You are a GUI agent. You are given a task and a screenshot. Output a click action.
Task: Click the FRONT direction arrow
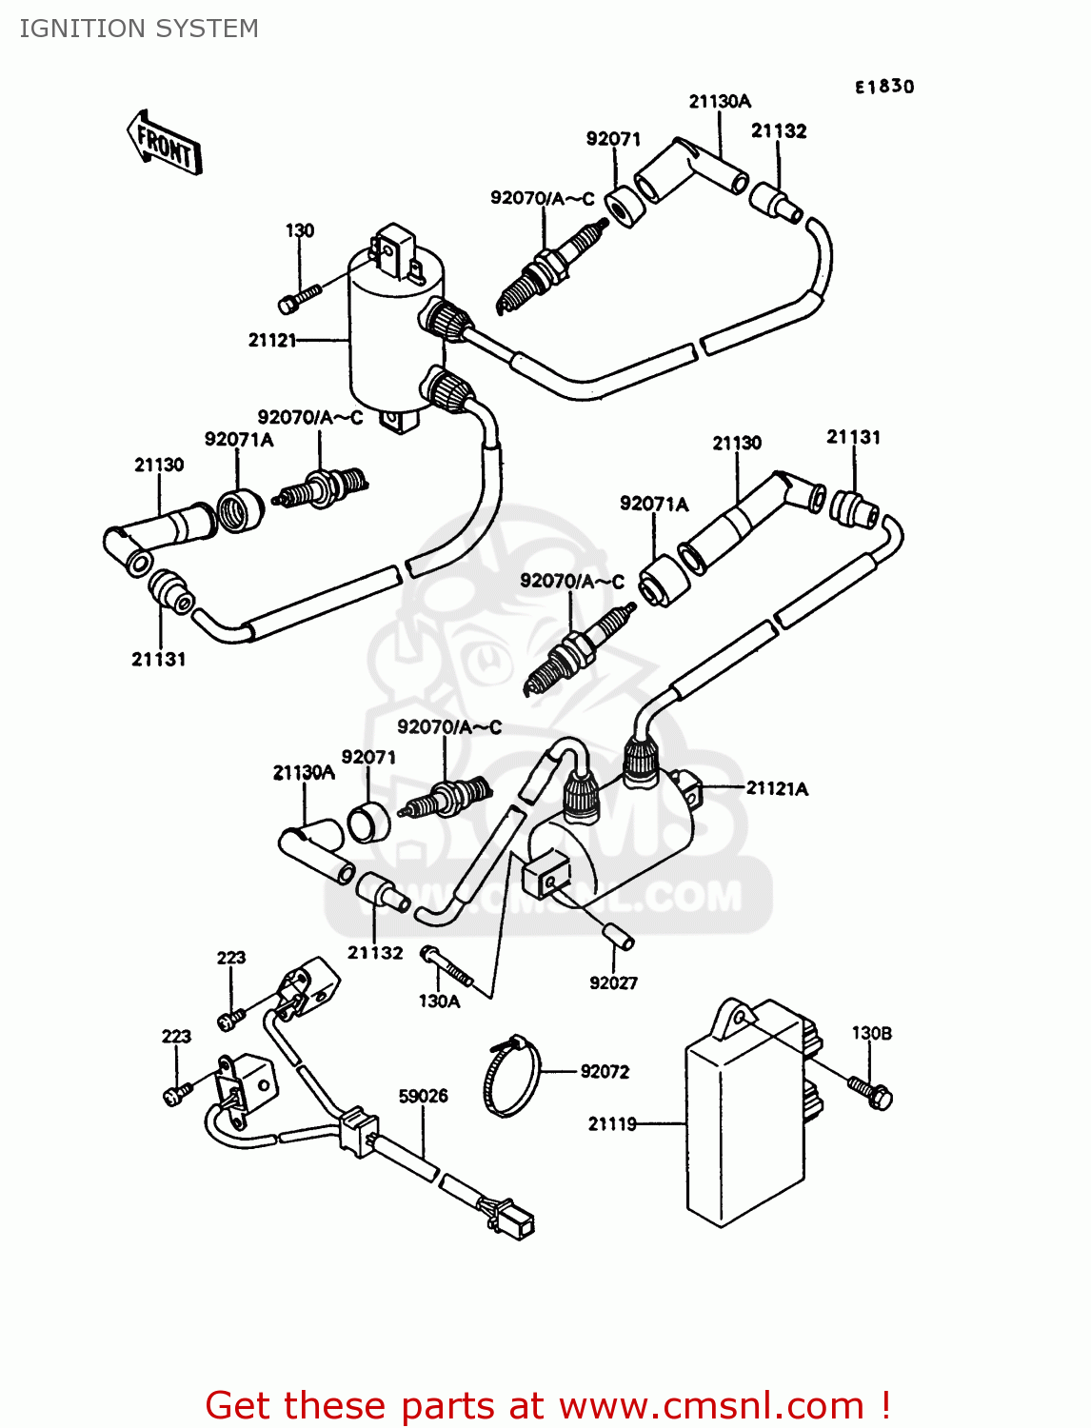click(164, 143)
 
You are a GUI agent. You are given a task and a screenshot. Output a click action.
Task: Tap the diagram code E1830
click(883, 87)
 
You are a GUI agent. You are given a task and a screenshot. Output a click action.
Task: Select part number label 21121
click(272, 340)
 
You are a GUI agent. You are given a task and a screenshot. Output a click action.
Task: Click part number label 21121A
click(777, 788)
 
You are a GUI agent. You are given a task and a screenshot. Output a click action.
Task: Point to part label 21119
click(612, 1123)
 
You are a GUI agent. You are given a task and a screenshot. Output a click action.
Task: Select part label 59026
click(423, 1097)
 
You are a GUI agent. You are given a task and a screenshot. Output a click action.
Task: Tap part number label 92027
click(613, 982)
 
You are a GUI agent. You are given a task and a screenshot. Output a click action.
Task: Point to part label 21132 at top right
click(778, 131)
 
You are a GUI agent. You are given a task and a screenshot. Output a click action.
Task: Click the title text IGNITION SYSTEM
click(139, 29)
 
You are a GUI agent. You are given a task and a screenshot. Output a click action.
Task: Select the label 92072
click(605, 1072)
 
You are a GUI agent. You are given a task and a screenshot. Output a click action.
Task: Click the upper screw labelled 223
click(229, 1020)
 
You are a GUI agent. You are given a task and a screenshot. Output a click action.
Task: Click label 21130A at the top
click(719, 102)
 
